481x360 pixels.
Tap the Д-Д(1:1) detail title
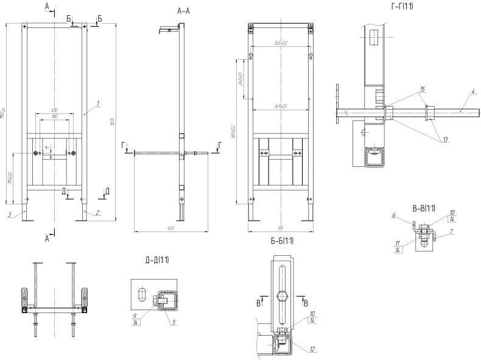point(156,261)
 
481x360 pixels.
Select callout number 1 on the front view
point(98,104)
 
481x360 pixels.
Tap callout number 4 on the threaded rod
point(472,92)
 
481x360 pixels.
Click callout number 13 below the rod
point(446,139)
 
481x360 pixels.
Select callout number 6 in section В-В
point(394,215)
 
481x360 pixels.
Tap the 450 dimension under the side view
point(171,228)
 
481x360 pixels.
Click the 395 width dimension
point(281,228)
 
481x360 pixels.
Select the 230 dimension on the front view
point(55,110)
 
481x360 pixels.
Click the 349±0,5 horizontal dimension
point(280,107)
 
